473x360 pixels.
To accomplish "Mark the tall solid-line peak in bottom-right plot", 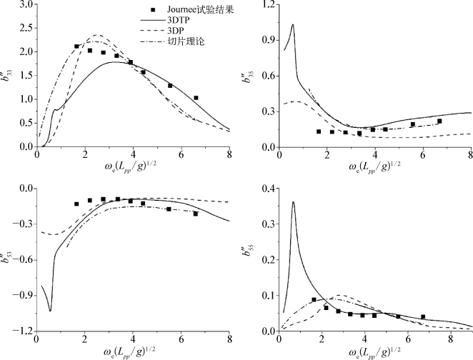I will [x=293, y=202].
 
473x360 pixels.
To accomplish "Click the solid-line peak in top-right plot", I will [x=293, y=25].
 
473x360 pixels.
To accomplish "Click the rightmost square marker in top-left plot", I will [x=196, y=98].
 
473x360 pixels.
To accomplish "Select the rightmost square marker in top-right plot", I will [x=439, y=121].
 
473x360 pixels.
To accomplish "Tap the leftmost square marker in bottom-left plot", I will [x=76, y=204].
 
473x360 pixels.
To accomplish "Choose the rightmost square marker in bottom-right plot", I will [x=423, y=316].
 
